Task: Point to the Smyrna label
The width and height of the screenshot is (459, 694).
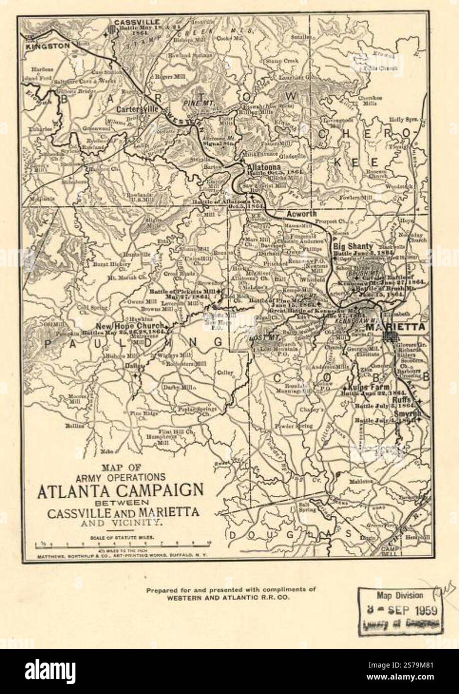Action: click(409, 413)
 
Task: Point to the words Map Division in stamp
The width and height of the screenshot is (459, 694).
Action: click(400, 595)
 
